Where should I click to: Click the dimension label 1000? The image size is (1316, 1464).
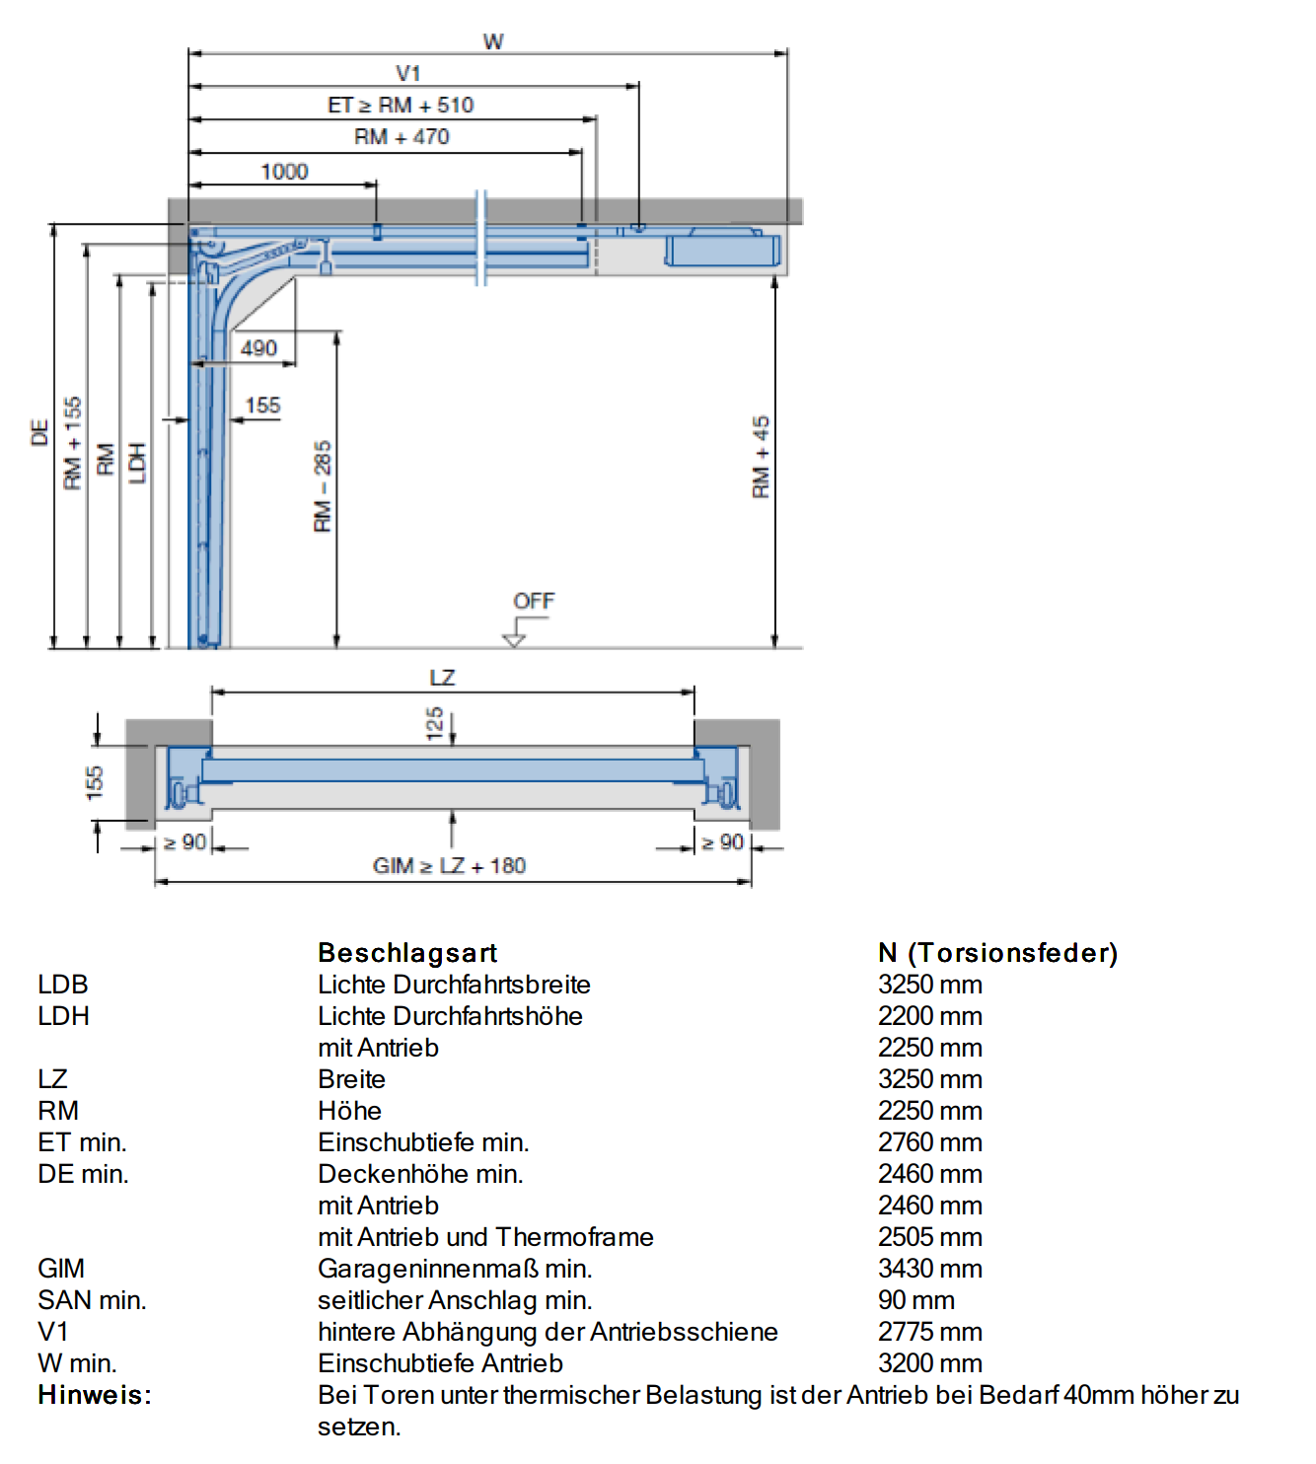pos(285,172)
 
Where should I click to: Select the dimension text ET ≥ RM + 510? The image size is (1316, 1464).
pos(401,106)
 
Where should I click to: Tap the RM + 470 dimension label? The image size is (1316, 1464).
pos(402,136)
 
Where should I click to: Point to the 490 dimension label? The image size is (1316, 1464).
pos(259,348)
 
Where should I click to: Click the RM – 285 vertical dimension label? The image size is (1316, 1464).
pos(322,486)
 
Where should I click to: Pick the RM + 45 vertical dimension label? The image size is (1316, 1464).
pos(761,457)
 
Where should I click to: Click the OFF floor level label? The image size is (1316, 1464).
pos(534,601)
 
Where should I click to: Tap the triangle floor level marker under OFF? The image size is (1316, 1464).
pos(514,640)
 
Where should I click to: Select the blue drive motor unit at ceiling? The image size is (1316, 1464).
pos(722,249)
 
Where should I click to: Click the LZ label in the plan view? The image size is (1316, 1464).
pos(442,678)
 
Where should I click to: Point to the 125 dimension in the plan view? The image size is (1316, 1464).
pos(434,723)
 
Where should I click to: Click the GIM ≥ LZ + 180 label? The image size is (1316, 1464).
pos(449,865)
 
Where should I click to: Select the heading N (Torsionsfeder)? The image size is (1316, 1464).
pos(997,952)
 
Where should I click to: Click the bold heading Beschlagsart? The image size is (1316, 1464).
pos(407,952)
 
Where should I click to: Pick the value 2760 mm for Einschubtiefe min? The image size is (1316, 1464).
pos(930,1142)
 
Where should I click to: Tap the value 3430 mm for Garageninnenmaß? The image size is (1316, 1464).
pos(930,1269)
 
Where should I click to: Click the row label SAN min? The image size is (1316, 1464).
pos(92,1300)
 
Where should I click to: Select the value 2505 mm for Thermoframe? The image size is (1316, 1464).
pos(930,1237)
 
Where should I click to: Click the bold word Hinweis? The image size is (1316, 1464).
pos(95,1395)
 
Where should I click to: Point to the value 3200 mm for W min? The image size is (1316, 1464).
pos(930,1363)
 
